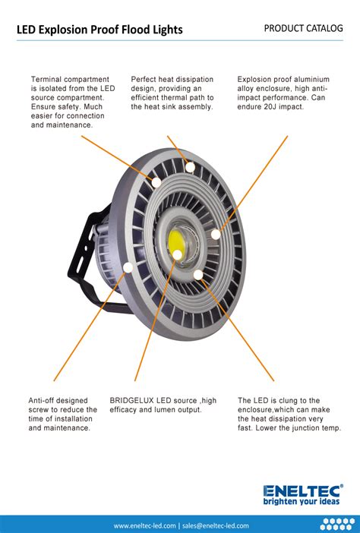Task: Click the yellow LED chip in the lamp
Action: coord(176,242)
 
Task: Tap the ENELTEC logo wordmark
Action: coord(302,490)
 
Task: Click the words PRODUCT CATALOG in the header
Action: coord(303,28)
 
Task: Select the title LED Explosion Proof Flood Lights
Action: coord(99,30)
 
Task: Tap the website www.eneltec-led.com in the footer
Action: coord(144,526)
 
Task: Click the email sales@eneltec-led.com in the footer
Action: coord(216,526)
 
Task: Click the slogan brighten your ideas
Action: coord(302,501)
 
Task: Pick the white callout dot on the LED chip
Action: coord(177,254)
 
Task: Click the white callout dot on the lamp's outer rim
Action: coord(128,267)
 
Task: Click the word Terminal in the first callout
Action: coord(46,79)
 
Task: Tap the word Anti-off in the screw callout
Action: coord(41,400)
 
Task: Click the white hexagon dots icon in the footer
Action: coord(337,525)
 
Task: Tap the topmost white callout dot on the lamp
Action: coord(190,167)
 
